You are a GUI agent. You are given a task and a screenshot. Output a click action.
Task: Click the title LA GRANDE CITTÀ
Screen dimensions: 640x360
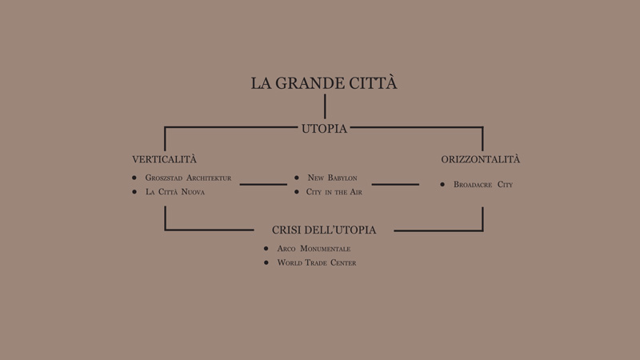pos(324,82)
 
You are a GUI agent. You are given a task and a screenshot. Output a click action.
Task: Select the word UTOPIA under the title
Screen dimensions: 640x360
pos(324,129)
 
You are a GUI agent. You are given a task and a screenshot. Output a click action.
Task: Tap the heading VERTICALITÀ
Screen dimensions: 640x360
pos(164,158)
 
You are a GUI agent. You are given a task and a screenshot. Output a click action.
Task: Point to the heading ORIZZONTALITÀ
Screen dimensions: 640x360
pos(481,158)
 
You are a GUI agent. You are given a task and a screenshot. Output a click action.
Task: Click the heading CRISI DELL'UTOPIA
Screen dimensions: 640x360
pos(324,230)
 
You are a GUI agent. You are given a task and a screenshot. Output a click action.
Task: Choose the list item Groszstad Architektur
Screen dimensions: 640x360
pos(188,178)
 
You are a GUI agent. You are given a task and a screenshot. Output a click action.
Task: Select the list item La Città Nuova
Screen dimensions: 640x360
pos(175,192)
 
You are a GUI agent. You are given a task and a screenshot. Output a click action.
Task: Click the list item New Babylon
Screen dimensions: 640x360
pos(332,178)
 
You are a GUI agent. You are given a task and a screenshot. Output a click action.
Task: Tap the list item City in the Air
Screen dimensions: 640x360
pos(334,192)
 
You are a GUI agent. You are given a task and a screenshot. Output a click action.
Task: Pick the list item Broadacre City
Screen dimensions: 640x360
pos(483,185)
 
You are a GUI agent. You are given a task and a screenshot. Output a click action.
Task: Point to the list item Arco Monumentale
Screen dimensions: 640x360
pos(314,249)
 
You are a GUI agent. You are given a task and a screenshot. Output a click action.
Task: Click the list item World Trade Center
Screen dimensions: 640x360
pos(317,262)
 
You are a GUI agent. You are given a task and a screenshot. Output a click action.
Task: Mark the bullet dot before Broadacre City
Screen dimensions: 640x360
pos(442,185)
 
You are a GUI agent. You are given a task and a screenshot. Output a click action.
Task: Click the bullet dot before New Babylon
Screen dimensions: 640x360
pos(297,178)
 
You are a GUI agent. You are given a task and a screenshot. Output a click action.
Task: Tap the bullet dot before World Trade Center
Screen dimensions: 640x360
pos(266,262)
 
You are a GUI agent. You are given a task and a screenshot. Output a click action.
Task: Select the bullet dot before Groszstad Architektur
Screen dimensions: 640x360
pos(134,178)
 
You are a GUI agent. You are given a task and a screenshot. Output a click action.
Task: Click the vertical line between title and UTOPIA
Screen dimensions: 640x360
pos(325,106)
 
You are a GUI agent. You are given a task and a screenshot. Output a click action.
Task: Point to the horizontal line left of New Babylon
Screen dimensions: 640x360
pos(263,185)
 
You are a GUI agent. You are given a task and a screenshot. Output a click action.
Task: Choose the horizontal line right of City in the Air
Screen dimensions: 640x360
pos(395,185)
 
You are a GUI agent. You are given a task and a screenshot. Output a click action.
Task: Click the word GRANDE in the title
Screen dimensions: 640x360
pos(304,83)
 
